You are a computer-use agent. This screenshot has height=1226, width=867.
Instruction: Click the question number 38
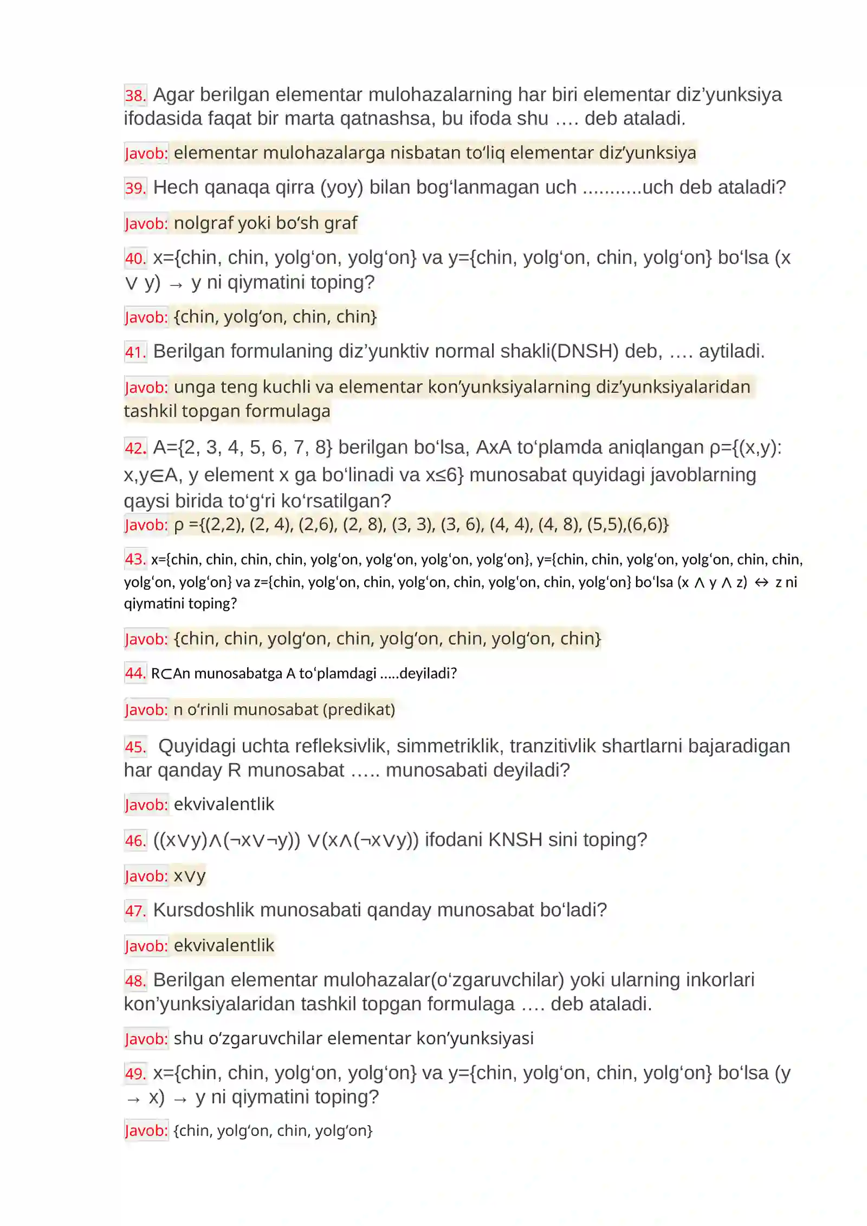coord(135,95)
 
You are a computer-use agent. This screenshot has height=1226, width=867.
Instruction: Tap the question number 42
coord(135,448)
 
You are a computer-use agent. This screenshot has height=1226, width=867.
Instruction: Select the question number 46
coord(135,841)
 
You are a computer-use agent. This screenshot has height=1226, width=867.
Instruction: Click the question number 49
coord(135,1074)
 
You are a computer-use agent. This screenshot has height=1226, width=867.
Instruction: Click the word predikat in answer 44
coord(359,709)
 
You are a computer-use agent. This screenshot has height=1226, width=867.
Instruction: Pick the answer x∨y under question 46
coord(190,876)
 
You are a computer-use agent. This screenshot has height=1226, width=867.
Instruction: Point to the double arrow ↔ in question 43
coord(761,583)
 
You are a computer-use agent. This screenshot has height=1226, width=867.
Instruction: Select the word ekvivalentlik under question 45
coord(224,804)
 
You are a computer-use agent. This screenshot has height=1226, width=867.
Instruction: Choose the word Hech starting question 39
coord(173,188)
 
